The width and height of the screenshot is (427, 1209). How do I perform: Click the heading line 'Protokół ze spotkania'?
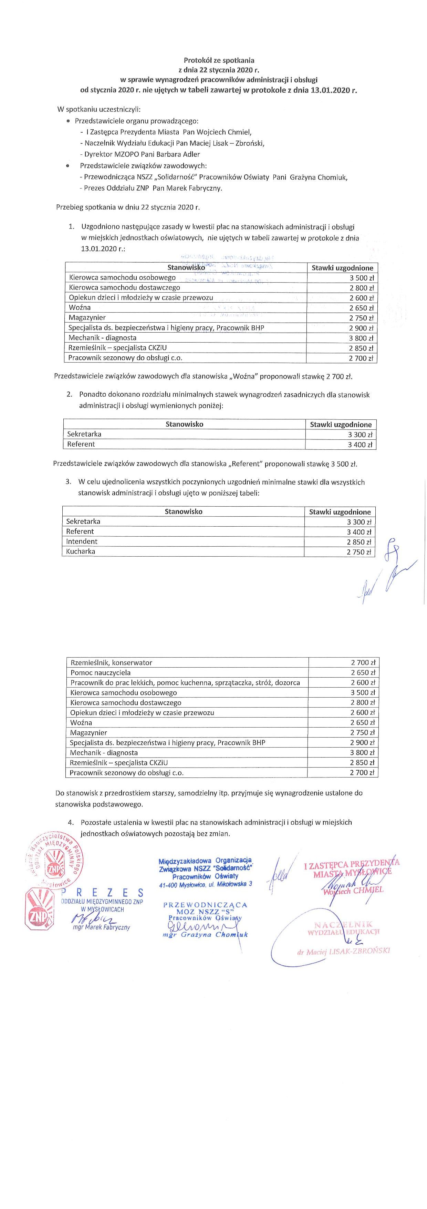tap(218, 61)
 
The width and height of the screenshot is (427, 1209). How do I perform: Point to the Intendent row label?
tap(82, 541)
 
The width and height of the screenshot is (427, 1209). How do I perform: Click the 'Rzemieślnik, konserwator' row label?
tap(111, 663)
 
